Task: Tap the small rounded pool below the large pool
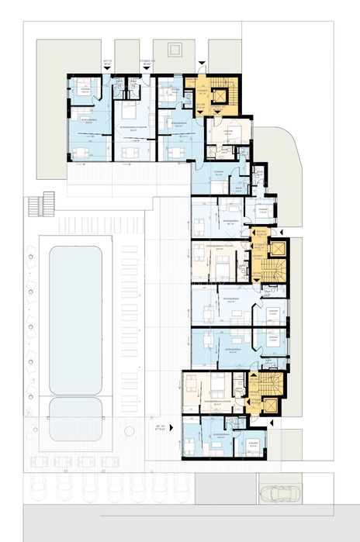[75, 419]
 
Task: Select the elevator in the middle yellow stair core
[275, 250]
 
